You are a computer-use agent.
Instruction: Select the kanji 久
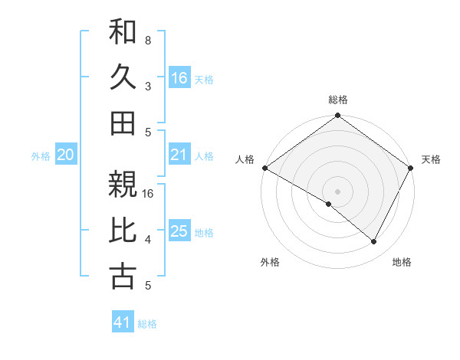click(123, 77)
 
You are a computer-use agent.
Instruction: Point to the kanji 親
click(123, 186)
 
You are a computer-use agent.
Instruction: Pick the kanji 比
click(123, 231)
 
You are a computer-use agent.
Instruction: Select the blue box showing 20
click(66, 155)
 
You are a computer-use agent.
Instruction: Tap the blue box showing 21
click(179, 155)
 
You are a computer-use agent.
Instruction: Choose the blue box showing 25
click(179, 231)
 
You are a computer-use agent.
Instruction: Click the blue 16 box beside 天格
click(179, 77)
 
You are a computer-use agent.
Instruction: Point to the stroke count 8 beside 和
click(148, 40)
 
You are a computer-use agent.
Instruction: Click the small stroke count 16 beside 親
click(149, 194)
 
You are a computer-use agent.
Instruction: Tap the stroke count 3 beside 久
click(148, 86)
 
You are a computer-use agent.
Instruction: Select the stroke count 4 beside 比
click(148, 240)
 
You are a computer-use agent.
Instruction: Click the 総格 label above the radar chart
click(338, 100)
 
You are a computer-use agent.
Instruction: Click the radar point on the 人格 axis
click(264, 168)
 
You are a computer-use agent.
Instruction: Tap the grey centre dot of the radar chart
click(338, 191)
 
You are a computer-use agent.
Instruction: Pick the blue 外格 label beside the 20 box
click(41, 156)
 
